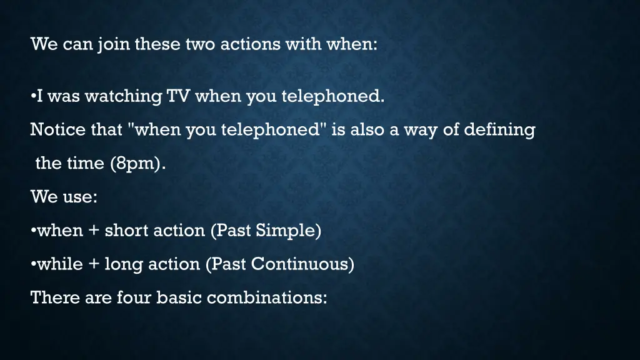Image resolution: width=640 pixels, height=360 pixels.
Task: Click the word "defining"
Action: pyautogui.click(x=499, y=130)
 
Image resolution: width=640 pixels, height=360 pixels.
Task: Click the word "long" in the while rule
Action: pyautogui.click(x=124, y=264)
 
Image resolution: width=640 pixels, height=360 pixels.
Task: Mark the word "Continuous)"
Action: pyautogui.click(x=302, y=264)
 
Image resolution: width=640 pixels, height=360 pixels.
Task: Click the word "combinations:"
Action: pyautogui.click(x=267, y=298)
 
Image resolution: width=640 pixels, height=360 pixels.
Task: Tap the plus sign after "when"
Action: pyautogui.click(x=94, y=231)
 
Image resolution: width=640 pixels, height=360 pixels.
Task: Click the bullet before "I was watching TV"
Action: pyautogui.click(x=32, y=97)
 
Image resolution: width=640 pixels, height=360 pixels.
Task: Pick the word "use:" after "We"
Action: pyautogui.click(x=79, y=197)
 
